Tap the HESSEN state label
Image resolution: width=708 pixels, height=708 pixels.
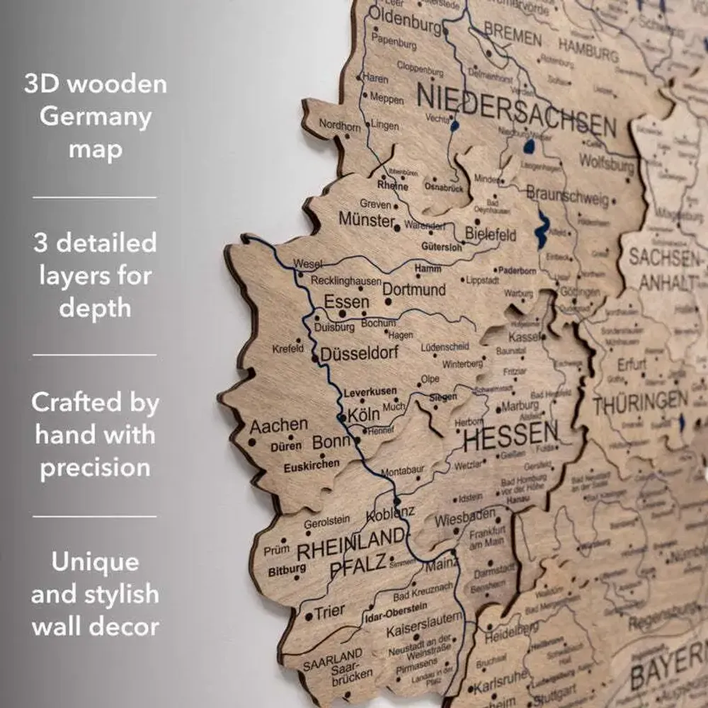click(x=510, y=432)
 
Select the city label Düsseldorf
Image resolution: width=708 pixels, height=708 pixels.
click(x=360, y=353)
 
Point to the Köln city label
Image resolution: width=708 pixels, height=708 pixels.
click(x=364, y=415)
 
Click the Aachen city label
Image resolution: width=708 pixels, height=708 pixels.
click(x=278, y=426)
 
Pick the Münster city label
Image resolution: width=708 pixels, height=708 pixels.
click(x=366, y=220)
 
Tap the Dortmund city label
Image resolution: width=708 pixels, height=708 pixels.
click(x=414, y=290)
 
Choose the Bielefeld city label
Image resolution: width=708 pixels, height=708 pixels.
click(x=491, y=234)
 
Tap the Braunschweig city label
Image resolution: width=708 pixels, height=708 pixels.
click(x=567, y=194)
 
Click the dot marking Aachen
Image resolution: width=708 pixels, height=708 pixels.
click(x=251, y=442)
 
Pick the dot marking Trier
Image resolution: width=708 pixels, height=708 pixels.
click(x=309, y=617)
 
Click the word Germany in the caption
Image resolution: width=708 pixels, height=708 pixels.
click(x=96, y=117)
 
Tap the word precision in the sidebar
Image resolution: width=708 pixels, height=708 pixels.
click(x=95, y=467)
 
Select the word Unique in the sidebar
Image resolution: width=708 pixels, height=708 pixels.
click(x=95, y=563)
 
